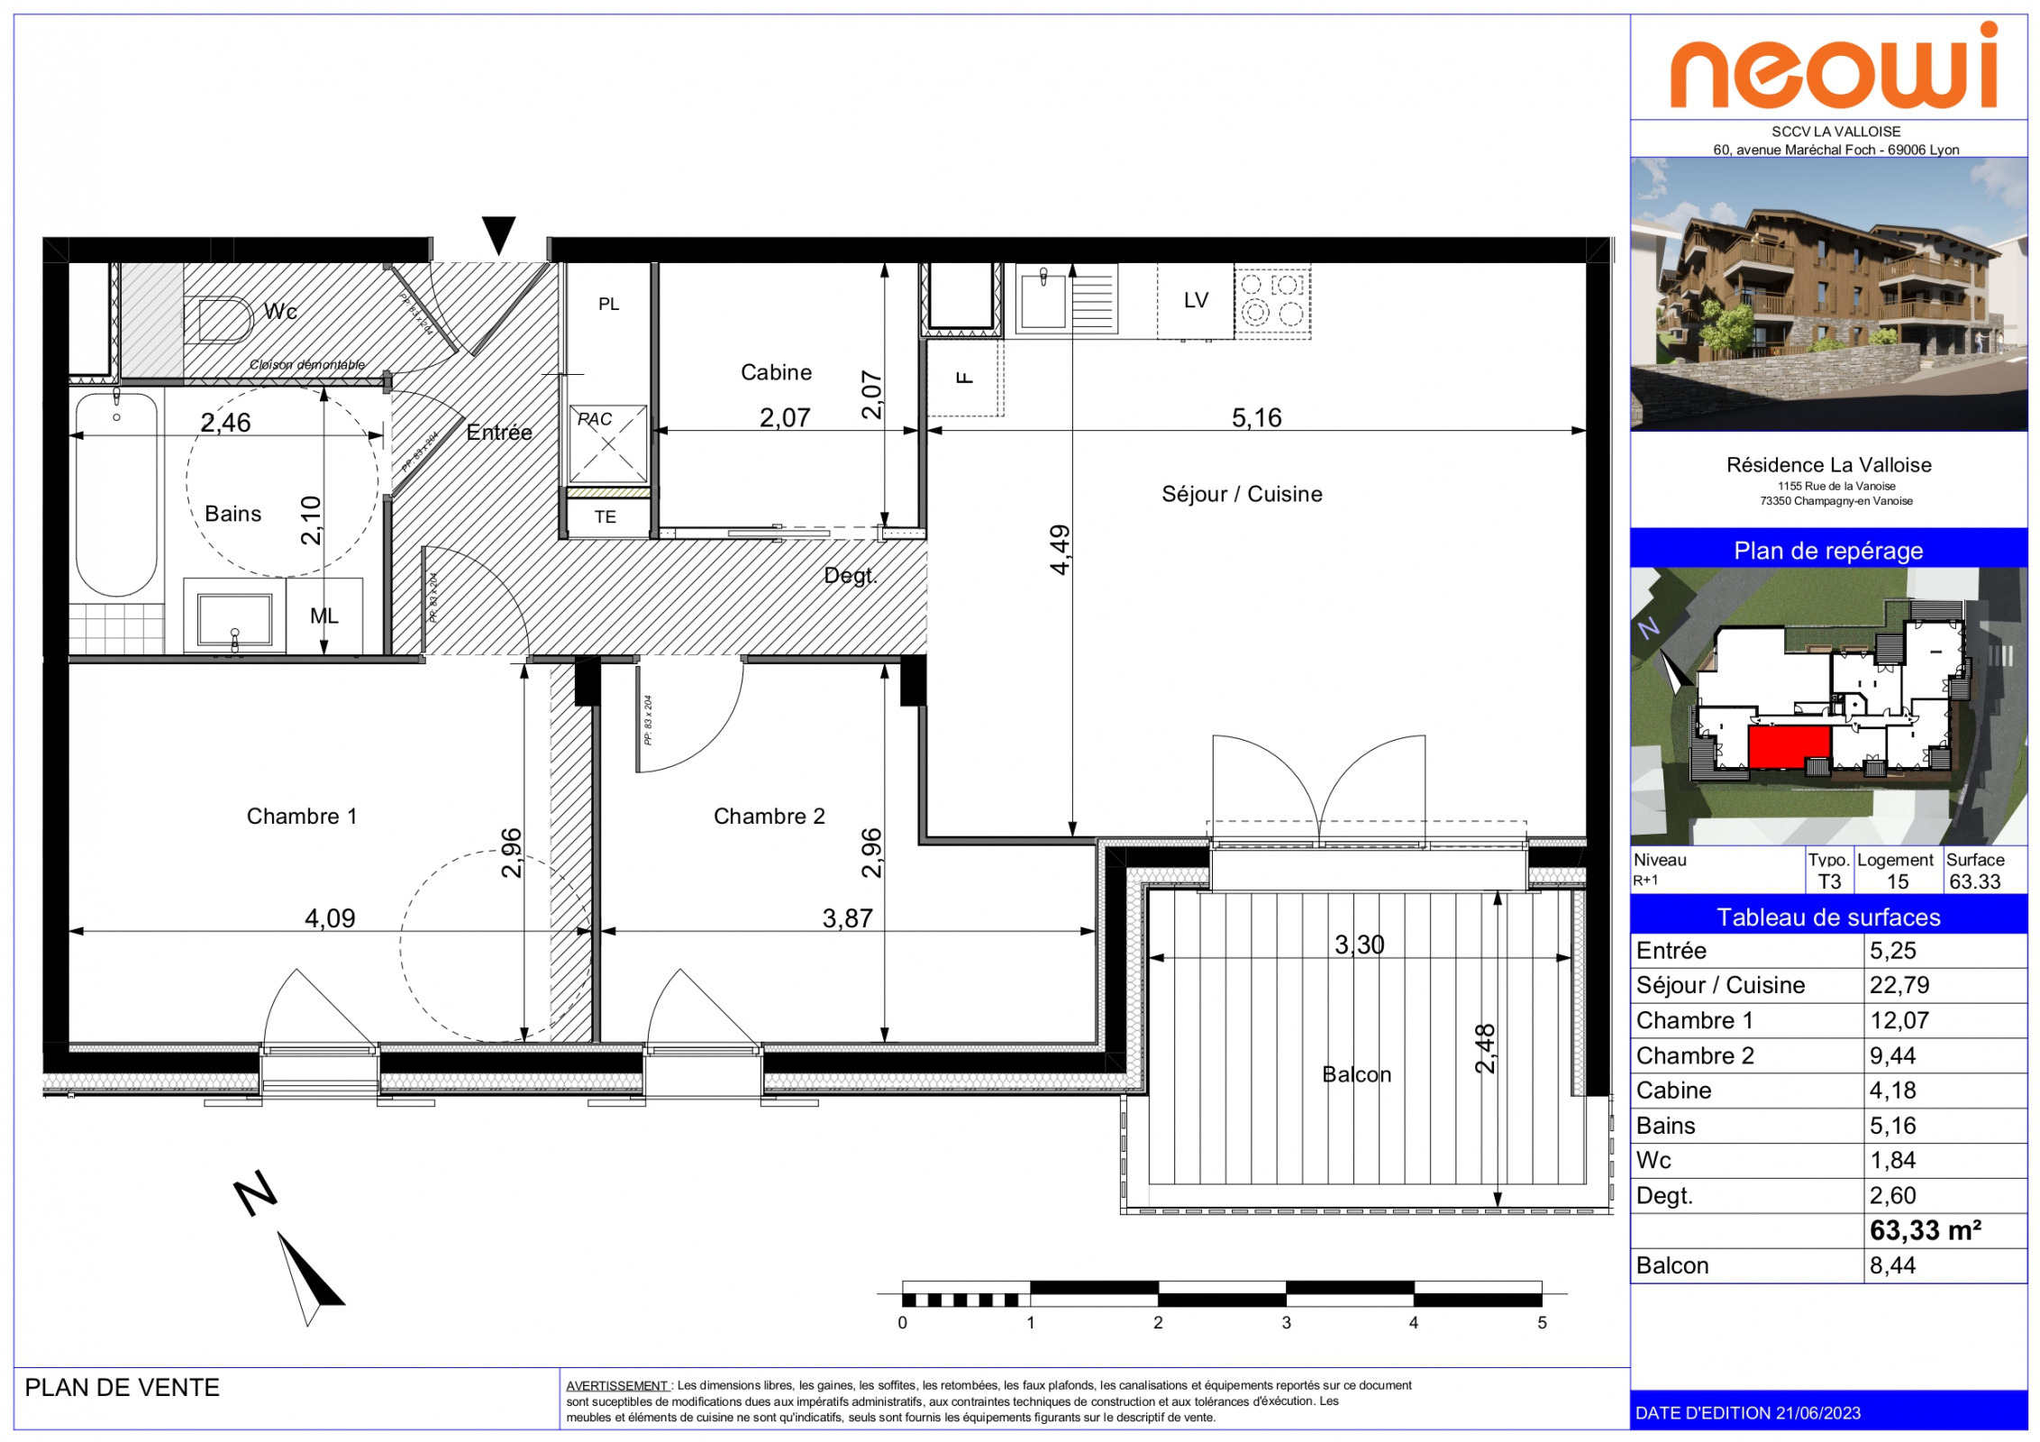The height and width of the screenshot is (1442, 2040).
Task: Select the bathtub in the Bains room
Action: click(x=116, y=494)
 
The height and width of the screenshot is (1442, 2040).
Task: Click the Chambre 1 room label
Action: click(x=302, y=817)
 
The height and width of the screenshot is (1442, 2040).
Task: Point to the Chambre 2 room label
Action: click(x=769, y=817)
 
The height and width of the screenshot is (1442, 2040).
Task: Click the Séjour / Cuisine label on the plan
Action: click(x=1242, y=494)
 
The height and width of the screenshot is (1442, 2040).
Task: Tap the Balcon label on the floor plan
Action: click(x=1356, y=1074)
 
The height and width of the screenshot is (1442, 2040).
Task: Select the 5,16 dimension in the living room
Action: click(x=1256, y=417)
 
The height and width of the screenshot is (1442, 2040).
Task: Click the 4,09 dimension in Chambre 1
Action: click(x=330, y=918)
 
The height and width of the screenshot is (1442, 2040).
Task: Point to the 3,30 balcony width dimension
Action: click(x=1359, y=945)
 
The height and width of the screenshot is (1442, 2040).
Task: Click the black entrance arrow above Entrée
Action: click(x=498, y=235)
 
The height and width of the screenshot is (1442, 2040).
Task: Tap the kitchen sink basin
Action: click(x=1043, y=301)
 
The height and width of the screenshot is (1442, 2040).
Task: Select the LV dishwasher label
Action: click(x=1196, y=300)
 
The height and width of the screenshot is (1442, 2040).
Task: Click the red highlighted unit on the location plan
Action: click(x=1789, y=746)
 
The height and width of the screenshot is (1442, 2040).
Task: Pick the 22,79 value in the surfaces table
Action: click(x=1899, y=985)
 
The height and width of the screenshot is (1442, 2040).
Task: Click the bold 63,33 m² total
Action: click(x=1926, y=1230)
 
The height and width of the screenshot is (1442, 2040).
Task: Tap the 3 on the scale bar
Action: click(x=1286, y=1322)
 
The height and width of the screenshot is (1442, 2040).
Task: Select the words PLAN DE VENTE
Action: click(x=123, y=1387)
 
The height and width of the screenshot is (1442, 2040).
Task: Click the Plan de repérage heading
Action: click(x=1828, y=551)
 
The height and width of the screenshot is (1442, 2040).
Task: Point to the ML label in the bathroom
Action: click(x=324, y=616)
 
